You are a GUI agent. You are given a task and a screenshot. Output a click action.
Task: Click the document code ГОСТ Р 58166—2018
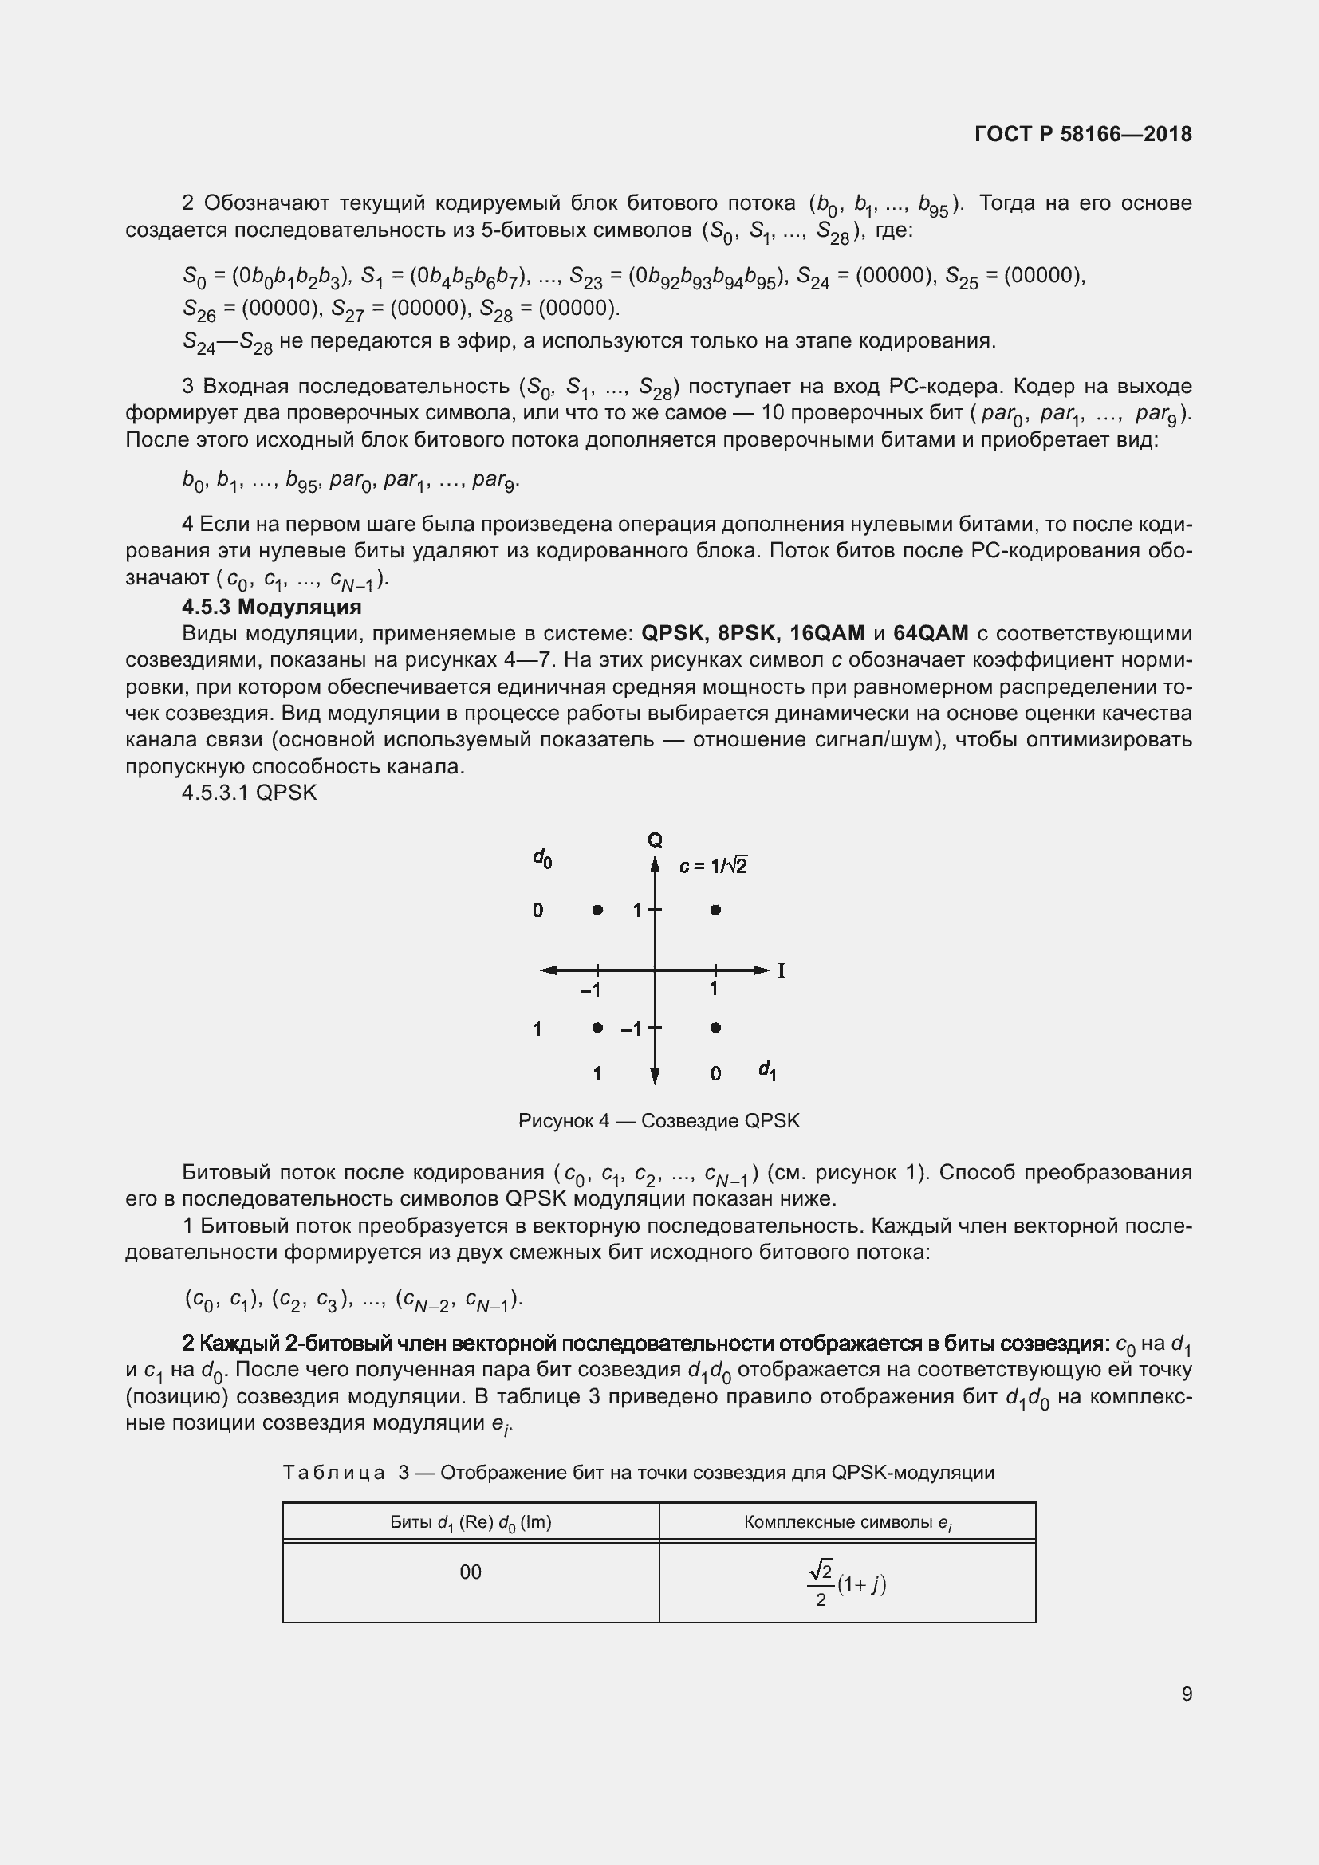pos(1082,134)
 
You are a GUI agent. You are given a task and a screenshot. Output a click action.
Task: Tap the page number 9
pos(1187,1694)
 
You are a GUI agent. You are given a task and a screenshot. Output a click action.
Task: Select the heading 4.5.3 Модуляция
pos(271,607)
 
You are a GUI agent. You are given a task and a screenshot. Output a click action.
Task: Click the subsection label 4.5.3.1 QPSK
pos(249,793)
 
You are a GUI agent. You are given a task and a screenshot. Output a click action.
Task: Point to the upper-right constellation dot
pos(715,910)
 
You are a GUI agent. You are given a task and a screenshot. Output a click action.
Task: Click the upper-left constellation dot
pos(597,910)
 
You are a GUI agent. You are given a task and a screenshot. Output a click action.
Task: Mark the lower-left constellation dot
pos(597,1028)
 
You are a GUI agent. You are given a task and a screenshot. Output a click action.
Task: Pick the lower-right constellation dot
pos(715,1028)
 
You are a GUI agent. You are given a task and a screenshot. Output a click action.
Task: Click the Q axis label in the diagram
pos(655,840)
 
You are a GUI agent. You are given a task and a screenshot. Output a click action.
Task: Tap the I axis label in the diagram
pos(782,970)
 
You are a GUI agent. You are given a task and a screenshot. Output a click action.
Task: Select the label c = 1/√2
pos(713,867)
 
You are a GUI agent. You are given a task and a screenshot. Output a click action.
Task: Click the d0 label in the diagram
pos(542,858)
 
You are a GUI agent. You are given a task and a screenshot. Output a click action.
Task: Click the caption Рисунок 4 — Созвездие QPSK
pos(659,1121)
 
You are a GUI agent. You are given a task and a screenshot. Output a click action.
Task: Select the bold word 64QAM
pos(931,634)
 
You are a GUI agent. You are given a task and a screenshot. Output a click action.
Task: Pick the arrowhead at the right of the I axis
pos(761,970)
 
